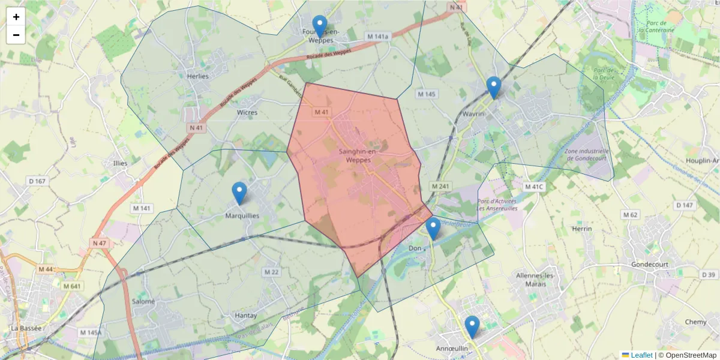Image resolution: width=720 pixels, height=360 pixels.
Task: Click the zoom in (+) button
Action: tap(16, 17)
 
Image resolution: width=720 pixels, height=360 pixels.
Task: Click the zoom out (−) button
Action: tap(16, 35)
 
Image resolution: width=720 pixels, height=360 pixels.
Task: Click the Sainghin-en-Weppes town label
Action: tap(358, 156)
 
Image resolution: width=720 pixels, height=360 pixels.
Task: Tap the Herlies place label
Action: tap(197, 76)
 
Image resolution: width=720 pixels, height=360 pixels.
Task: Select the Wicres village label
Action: tap(247, 112)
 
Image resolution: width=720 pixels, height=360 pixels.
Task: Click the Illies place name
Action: tap(121, 163)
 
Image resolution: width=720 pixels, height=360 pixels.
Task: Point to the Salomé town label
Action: tap(143, 301)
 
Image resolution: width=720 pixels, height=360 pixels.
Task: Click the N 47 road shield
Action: tap(99, 243)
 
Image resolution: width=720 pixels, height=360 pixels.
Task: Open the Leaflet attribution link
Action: tap(641, 355)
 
